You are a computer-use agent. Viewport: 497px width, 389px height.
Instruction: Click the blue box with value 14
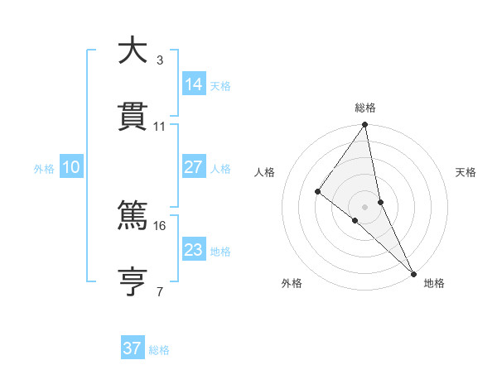194,84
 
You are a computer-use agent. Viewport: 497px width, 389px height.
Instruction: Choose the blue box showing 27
194,167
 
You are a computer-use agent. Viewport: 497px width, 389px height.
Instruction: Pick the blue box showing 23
194,249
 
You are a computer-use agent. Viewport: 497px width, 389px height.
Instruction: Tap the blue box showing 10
71,167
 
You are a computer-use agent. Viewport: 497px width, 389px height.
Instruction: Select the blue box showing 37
133,348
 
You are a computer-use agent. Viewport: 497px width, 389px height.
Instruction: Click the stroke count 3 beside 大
160,60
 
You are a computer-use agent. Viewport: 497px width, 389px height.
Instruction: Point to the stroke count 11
160,126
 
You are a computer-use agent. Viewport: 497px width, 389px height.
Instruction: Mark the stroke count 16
160,225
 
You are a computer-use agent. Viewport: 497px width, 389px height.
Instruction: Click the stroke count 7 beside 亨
160,291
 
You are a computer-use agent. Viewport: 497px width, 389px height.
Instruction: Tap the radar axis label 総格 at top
365,108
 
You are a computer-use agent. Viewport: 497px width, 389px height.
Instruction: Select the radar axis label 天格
466,172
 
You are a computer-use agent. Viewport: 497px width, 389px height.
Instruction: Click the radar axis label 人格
264,172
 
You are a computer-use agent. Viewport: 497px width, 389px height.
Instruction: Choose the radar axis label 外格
292,283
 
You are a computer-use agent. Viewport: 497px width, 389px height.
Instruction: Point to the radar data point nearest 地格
413,273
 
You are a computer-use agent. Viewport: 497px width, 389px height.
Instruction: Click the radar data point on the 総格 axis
365,125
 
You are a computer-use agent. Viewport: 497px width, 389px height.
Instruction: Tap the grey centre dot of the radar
365,206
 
